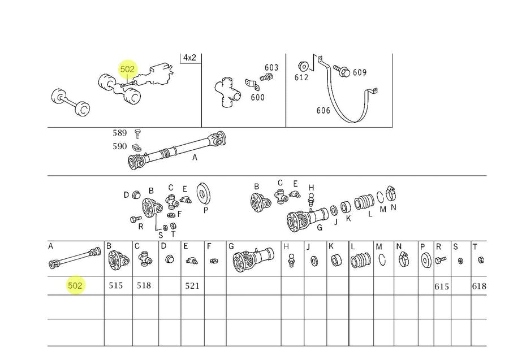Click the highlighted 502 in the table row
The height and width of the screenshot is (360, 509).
tap(75, 285)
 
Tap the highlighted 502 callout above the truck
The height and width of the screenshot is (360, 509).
tap(127, 69)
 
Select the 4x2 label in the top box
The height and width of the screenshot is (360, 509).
tap(189, 58)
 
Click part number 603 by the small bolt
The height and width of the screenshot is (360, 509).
tap(271, 67)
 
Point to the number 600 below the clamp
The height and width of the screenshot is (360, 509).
tap(257, 97)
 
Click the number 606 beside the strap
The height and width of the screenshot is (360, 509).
tap(323, 111)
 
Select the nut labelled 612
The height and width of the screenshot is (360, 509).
tap(303, 67)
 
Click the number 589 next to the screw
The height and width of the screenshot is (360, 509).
tap(119, 133)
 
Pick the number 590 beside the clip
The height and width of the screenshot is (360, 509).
tap(119, 146)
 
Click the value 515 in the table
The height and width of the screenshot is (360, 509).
tap(116, 285)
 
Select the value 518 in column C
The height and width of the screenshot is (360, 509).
tap(144, 285)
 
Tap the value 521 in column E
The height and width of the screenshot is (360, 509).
tap(192, 286)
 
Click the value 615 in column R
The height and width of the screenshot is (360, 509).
tap(442, 287)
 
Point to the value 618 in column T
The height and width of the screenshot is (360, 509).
tap(479, 286)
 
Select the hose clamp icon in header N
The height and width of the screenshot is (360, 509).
tap(403, 259)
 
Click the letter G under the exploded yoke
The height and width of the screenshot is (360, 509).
tap(320, 228)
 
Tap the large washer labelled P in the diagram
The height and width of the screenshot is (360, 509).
tap(203, 194)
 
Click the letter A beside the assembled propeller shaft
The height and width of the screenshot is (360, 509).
tap(195, 158)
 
